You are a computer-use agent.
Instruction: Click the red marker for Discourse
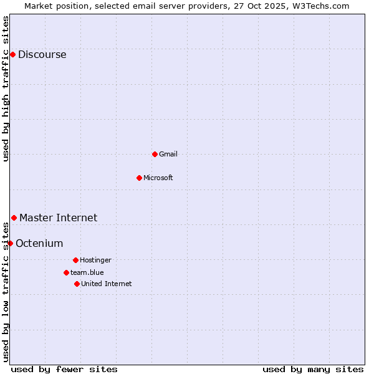pos(12,54)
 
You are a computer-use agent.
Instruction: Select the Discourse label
pos(42,55)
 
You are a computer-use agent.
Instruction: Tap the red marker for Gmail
pos(155,154)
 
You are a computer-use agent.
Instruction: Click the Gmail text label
pos(168,154)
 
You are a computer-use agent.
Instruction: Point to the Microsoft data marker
pos(139,178)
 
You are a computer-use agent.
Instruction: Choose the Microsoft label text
pos(158,178)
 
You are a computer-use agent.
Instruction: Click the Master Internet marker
pos(14,218)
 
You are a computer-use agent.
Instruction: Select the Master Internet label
pos(58,218)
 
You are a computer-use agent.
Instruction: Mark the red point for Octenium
pos(10,243)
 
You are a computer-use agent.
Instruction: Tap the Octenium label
pos(39,243)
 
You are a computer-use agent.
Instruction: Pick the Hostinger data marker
pos(75,260)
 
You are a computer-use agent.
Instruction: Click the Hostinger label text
pos(95,260)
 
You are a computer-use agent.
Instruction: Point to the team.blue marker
pos(66,272)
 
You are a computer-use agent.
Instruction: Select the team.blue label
pos(87,272)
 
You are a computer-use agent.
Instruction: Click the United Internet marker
pos(77,284)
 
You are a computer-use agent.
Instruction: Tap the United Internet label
pos(106,284)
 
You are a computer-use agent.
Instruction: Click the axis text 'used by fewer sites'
pos(64,369)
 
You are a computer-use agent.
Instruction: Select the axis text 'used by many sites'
pos(313,369)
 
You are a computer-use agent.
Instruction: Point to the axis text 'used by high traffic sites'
pos(6,89)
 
